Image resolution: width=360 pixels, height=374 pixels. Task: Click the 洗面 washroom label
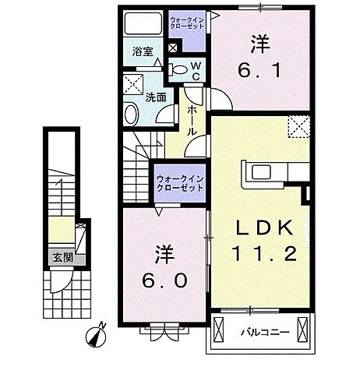click(155, 98)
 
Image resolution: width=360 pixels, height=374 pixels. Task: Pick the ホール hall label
click(192, 122)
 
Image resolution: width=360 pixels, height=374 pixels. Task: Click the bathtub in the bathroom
click(142, 23)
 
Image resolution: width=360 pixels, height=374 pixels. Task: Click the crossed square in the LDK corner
click(297, 125)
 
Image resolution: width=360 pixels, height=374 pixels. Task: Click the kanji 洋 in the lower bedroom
click(164, 254)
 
